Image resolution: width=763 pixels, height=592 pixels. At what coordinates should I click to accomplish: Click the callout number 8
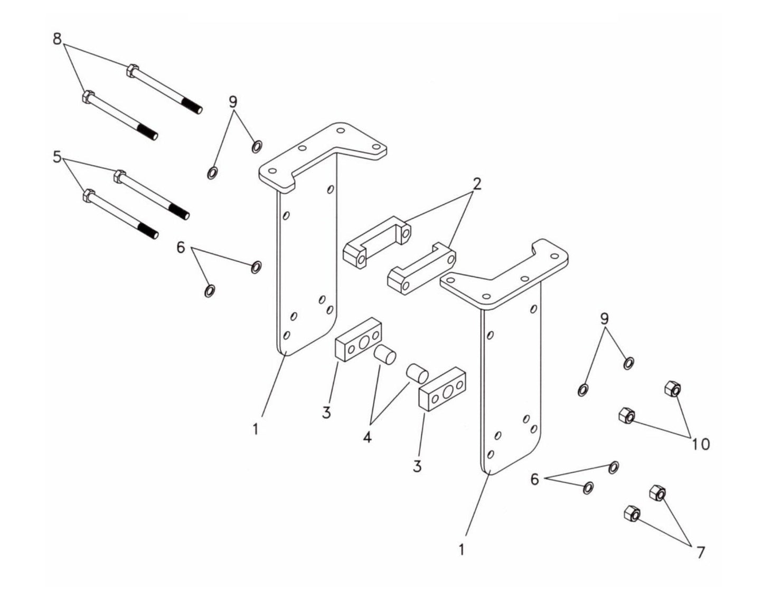(x=57, y=39)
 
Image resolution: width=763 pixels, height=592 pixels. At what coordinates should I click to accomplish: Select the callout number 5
(x=57, y=157)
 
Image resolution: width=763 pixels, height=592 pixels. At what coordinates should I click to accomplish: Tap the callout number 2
(x=477, y=184)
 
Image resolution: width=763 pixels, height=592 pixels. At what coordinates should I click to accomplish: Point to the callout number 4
(x=367, y=437)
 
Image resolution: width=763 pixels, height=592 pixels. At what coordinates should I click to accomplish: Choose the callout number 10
(x=701, y=444)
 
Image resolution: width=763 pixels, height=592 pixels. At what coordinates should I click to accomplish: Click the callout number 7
(x=701, y=552)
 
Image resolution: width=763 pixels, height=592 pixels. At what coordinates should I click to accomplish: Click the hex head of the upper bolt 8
(x=133, y=70)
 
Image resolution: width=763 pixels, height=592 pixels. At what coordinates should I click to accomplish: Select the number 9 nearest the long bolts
(x=233, y=102)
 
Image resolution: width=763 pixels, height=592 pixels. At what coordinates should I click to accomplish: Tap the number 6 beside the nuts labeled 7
(x=535, y=480)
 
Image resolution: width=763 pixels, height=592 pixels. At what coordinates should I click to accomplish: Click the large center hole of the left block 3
(x=364, y=343)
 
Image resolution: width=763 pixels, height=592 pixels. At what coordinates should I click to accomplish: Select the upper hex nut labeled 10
(x=672, y=389)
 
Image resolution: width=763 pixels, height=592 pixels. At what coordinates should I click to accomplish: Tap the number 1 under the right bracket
(x=461, y=550)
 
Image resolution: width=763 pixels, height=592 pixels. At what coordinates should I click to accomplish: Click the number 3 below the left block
(x=326, y=413)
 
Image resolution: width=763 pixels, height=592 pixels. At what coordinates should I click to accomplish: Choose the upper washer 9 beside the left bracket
(x=257, y=146)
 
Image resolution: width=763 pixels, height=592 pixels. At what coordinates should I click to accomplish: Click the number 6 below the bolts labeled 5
(x=181, y=247)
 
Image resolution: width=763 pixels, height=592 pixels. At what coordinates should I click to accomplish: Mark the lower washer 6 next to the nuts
(x=588, y=488)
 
